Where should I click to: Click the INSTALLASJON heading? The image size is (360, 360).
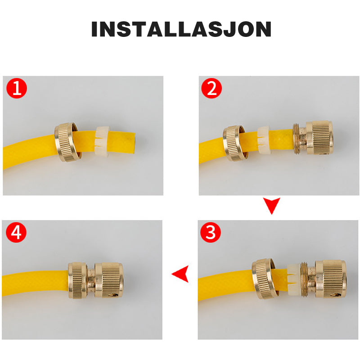(181, 29)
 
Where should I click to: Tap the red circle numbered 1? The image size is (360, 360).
(17, 88)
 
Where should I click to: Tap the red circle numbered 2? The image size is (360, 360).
(211, 88)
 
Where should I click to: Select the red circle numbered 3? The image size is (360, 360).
(211, 232)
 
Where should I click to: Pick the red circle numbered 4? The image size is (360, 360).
(16, 232)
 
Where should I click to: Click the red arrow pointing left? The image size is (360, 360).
(180, 274)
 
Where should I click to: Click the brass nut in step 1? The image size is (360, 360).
(66, 142)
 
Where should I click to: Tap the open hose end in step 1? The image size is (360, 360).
(133, 142)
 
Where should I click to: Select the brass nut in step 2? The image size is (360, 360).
(234, 143)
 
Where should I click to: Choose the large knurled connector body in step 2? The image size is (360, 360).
(319, 138)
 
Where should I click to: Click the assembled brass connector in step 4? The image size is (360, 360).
(96, 280)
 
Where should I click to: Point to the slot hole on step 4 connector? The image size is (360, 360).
(113, 295)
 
